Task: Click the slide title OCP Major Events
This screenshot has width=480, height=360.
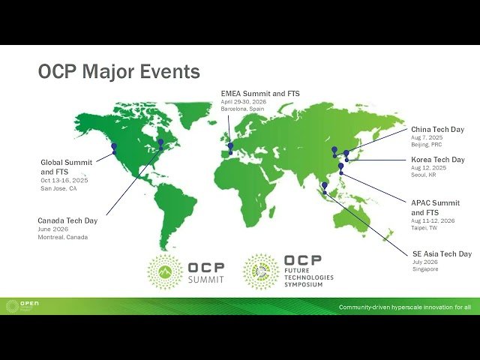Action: click(x=118, y=72)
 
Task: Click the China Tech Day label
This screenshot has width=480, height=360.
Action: click(x=437, y=129)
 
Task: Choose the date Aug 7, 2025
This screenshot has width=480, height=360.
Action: click(x=427, y=137)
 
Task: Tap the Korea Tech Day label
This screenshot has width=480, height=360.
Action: click(x=438, y=160)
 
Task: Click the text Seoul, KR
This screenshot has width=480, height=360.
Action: click(x=424, y=175)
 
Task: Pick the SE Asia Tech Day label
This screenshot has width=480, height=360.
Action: click(x=442, y=253)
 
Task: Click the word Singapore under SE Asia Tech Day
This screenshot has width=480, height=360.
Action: click(x=425, y=268)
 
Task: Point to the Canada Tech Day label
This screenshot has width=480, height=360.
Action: click(x=67, y=220)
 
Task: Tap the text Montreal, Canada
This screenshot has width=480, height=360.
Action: click(x=63, y=237)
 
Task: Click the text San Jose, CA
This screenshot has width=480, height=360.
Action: click(x=58, y=188)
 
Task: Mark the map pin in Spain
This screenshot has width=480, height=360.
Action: click(x=231, y=147)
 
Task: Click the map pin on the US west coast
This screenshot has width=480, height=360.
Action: click(x=114, y=148)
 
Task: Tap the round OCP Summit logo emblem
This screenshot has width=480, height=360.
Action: click(x=164, y=271)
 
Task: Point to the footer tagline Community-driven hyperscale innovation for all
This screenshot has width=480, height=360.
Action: click(x=405, y=307)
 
